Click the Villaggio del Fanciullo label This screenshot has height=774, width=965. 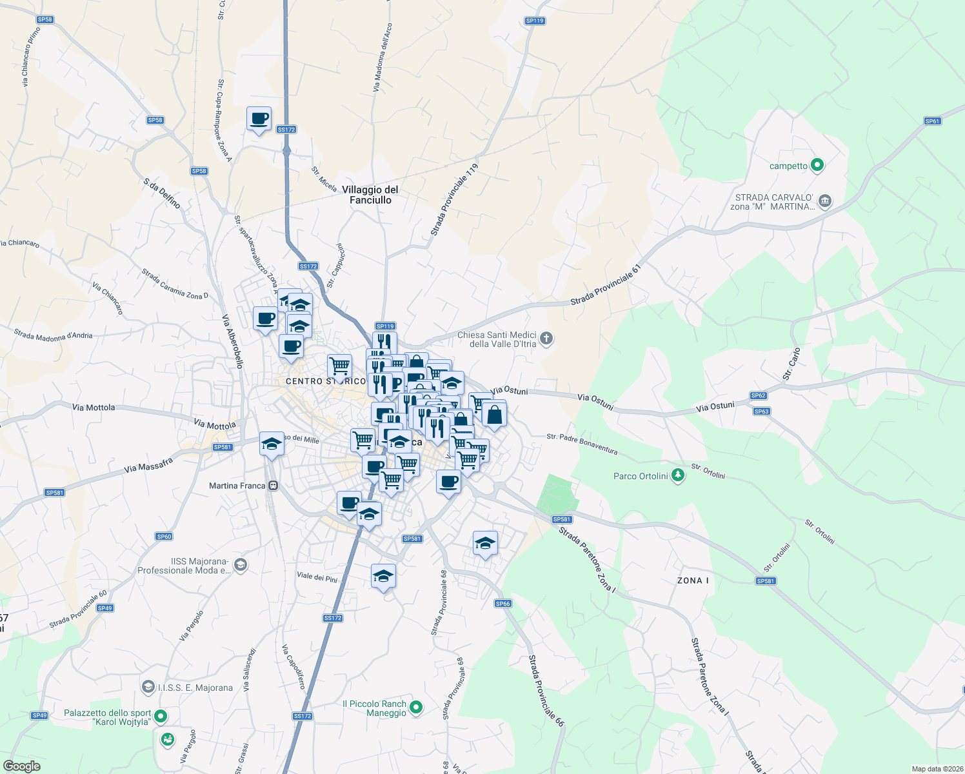click(370, 195)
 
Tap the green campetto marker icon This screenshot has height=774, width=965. click(817, 165)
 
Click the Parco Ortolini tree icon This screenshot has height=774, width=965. click(677, 476)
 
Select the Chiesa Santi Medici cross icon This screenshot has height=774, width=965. click(546, 339)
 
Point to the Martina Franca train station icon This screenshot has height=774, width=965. click(274, 486)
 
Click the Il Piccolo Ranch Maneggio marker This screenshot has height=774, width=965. click(416, 708)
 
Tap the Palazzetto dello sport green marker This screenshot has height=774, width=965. click(161, 716)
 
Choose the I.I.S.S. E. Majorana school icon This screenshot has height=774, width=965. click(148, 687)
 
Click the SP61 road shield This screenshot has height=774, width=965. click(932, 121)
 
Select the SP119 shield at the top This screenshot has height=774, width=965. click(535, 21)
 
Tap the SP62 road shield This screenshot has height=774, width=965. click(758, 395)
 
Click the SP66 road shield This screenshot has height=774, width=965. click(502, 604)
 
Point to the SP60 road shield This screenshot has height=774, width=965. click(164, 537)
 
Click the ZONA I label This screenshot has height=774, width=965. click(693, 580)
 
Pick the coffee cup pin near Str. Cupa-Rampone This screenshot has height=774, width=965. click(259, 119)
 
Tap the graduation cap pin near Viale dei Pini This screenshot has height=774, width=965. click(383, 576)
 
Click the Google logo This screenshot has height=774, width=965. click(21, 766)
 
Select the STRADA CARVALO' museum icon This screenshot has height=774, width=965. click(825, 201)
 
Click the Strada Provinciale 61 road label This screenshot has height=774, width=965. click(606, 284)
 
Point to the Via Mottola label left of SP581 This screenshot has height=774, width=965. click(94, 408)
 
